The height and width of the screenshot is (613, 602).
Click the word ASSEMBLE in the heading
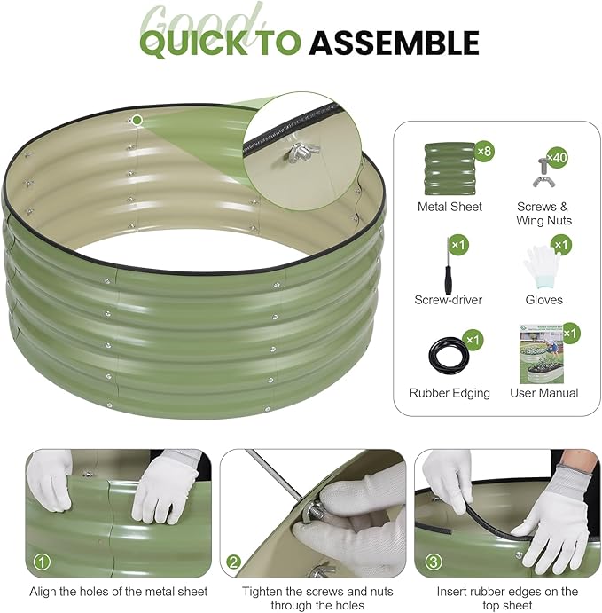395,43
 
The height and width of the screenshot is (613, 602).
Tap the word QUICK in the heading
193,43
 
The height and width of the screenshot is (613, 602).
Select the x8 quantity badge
484,151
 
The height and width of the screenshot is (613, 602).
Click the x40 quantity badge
557,158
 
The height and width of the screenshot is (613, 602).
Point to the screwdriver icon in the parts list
449,265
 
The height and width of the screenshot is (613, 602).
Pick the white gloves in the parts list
542,267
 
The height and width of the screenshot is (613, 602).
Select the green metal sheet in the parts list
450,169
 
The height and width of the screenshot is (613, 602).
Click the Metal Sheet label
450,207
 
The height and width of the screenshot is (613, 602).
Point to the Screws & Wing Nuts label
543,213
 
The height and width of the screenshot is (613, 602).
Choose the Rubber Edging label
450,393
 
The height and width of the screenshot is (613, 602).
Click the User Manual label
543,393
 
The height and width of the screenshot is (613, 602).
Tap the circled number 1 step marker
42,562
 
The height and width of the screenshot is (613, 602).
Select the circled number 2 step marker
233,562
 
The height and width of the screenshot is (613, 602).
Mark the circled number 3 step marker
433,562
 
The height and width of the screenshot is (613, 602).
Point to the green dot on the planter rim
137,120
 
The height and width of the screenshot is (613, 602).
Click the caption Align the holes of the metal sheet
119,592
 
